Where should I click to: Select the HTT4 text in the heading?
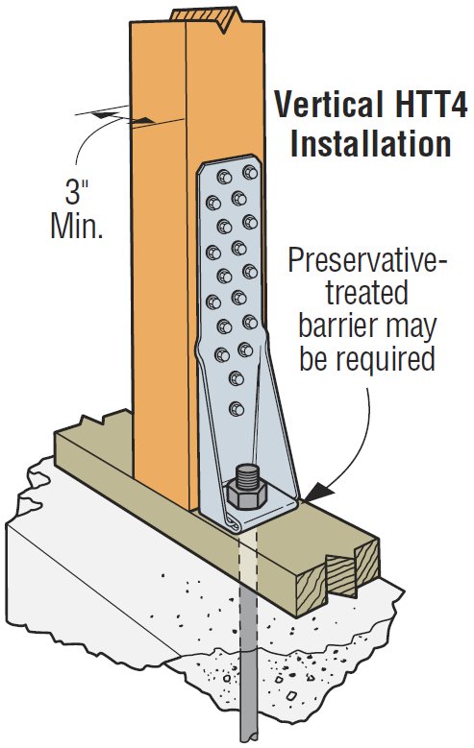pos(426,105)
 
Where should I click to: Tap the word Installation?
pos(371,143)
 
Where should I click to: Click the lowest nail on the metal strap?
pos(237,409)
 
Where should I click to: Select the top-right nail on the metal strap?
pos(250,172)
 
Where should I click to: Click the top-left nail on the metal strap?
pos(224,177)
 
